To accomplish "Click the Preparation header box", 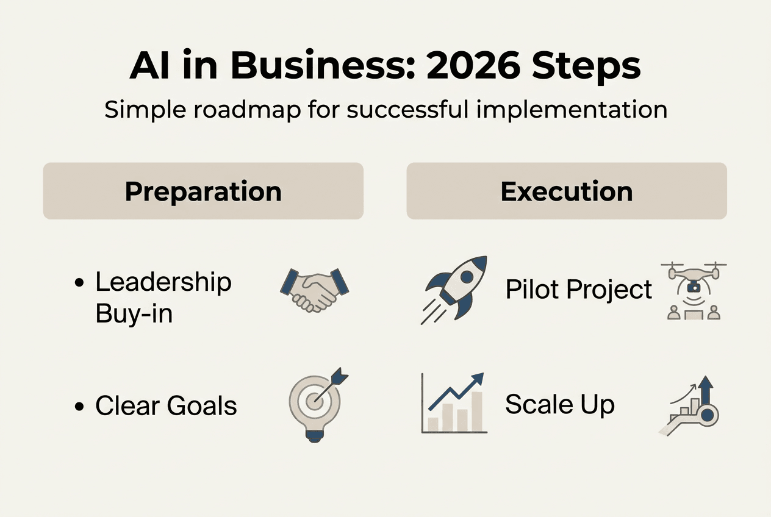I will coord(203,191).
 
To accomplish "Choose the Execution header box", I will coord(567,191).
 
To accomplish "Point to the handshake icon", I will coord(315,288).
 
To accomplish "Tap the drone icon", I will coord(694,290).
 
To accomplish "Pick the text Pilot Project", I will coord(579,290).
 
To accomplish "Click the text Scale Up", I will coord(560,404).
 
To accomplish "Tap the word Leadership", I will coord(163,282).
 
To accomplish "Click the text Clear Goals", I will coord(166,406).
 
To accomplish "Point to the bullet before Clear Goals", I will coord(78,407).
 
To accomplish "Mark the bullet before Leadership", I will coord(78,284).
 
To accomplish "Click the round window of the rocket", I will coord(467,276).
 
